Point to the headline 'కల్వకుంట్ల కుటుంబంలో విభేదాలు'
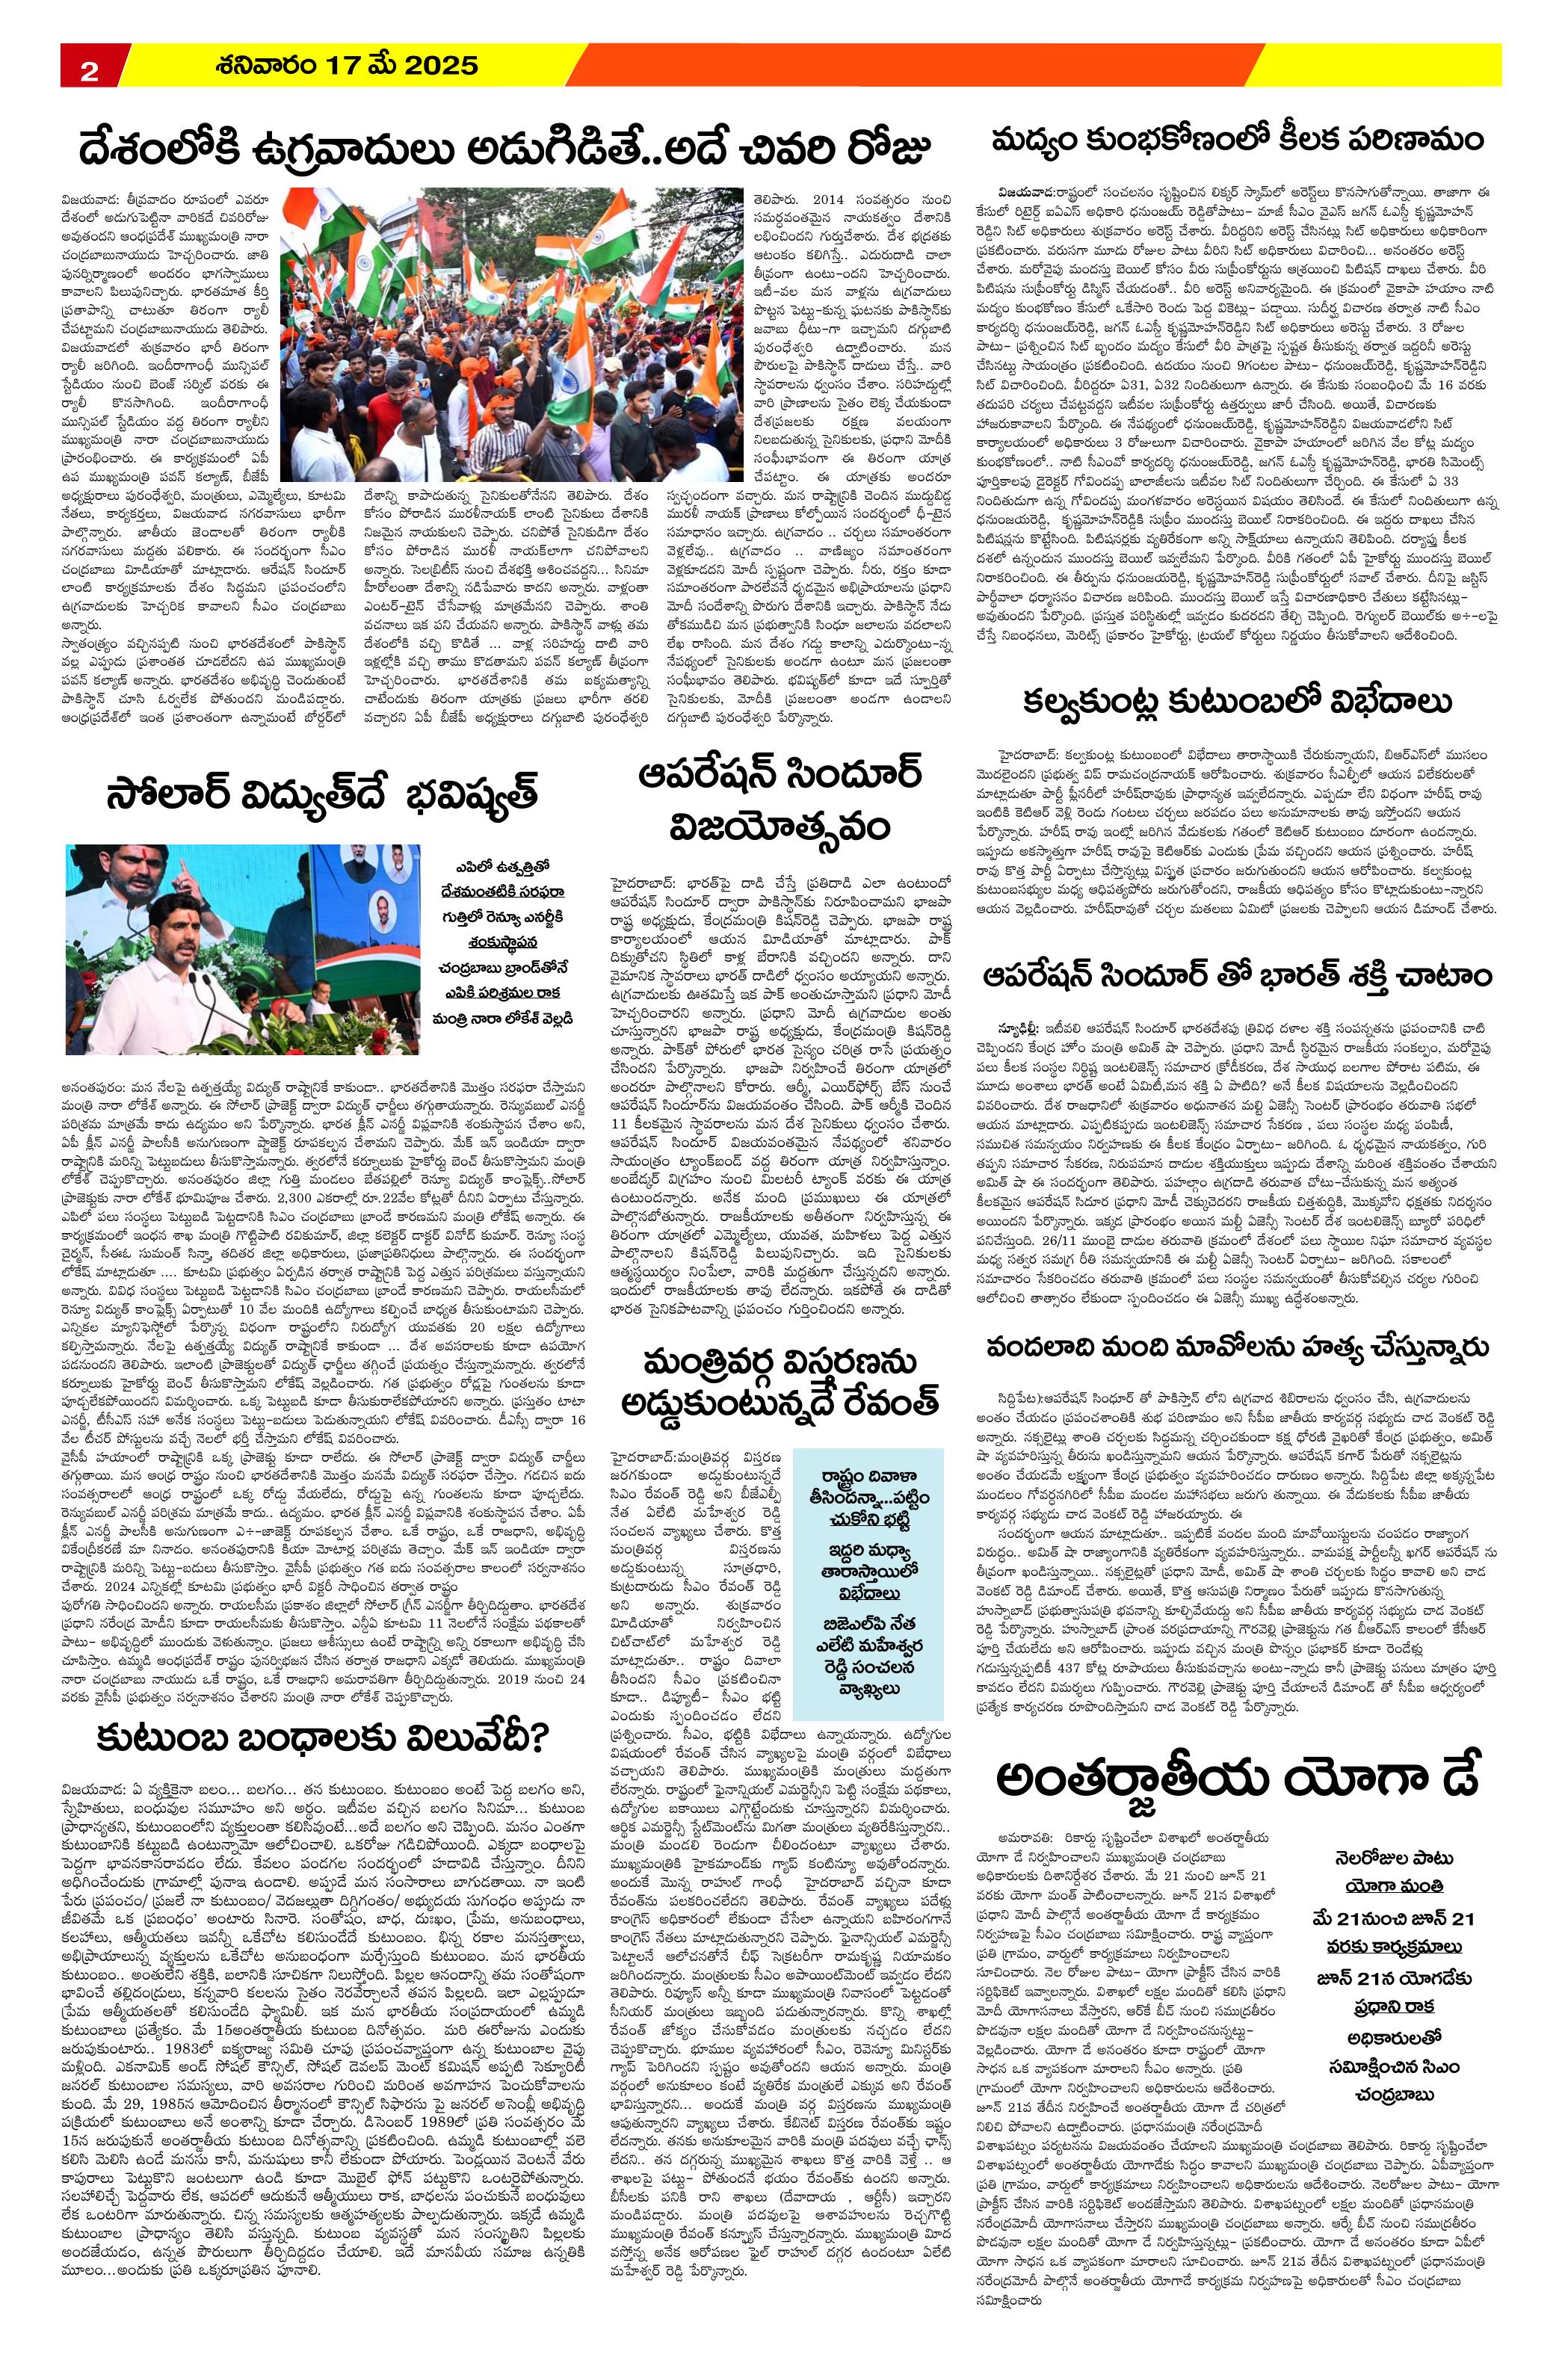[1237, 702]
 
